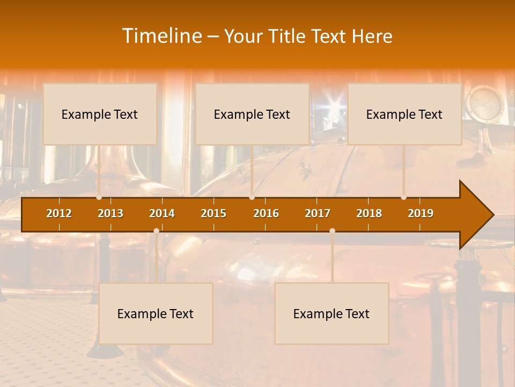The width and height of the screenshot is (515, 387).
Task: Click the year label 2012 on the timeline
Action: pos(59,213)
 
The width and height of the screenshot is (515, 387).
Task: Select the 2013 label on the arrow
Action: pos(111,213)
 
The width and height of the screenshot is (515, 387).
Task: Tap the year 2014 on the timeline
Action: pos(162,213)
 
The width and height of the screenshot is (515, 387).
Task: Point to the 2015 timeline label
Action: pos(214,213)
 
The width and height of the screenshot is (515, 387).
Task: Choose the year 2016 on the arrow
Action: pos(266,213)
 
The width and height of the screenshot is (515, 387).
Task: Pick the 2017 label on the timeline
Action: pos(318,213)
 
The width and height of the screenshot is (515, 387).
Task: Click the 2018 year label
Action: pos(369,213)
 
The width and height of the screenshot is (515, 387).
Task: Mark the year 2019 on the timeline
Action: pos(421,213)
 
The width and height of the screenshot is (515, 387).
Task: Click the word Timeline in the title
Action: pos(161,36)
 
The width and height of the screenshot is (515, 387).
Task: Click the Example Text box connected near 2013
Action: pos(100,114)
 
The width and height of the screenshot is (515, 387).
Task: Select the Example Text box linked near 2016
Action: pos(252,114)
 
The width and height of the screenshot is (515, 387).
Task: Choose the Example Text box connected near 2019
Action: pos(404,114)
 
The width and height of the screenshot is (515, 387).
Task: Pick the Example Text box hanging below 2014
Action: pos(156,313)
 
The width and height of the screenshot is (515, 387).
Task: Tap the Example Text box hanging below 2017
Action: pos(332,313)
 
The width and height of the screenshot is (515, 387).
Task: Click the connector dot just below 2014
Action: pos(156,231)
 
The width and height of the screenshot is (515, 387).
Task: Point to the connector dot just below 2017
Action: pos(332,231)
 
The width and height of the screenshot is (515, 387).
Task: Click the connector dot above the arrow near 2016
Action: pos(252,197)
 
